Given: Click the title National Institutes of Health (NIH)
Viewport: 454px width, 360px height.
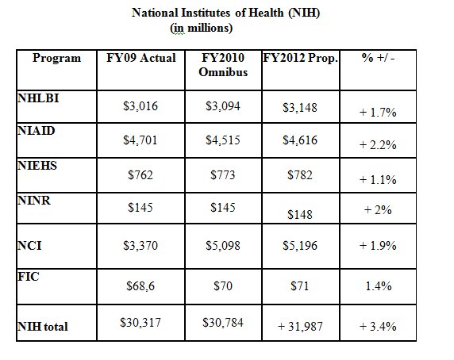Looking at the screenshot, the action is click(225, 13).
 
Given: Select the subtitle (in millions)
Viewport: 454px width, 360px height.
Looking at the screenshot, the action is click(202, 29).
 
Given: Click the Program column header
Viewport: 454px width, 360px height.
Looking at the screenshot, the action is click(57, 58).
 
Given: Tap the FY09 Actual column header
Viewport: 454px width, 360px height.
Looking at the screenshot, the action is click(141, 58).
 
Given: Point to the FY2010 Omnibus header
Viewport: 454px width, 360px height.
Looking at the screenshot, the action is click(223, 65).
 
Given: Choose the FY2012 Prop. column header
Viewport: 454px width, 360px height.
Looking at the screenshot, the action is click(301, 58).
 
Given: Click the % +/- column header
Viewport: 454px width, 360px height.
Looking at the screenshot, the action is click(378, 58).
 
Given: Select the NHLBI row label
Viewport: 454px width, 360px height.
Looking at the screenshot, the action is click(38, 98).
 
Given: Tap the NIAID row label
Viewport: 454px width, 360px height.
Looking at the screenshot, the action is click(37, 131).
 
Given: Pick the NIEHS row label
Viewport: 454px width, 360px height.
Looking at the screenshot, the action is click(37, 166).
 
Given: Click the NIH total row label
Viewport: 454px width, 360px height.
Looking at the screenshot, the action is click(43, 327).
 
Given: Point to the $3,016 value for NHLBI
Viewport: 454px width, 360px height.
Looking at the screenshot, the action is click(140, 106).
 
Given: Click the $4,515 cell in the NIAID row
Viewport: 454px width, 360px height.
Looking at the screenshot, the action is click(223, 140).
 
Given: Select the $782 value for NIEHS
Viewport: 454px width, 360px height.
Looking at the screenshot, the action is click(300, 175).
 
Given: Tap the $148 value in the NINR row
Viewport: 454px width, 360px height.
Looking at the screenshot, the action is click(300, 215).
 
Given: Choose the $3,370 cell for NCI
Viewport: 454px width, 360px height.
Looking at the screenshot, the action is click(140, 246).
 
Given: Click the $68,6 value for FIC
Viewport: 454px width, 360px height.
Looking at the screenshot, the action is click(140, 286).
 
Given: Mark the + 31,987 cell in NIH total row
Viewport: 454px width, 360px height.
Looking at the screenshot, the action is click(300, 327).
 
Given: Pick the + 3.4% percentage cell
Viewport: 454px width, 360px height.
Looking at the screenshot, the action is click(378, 327).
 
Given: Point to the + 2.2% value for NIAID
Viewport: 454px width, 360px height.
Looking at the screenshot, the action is click(378, 145).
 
